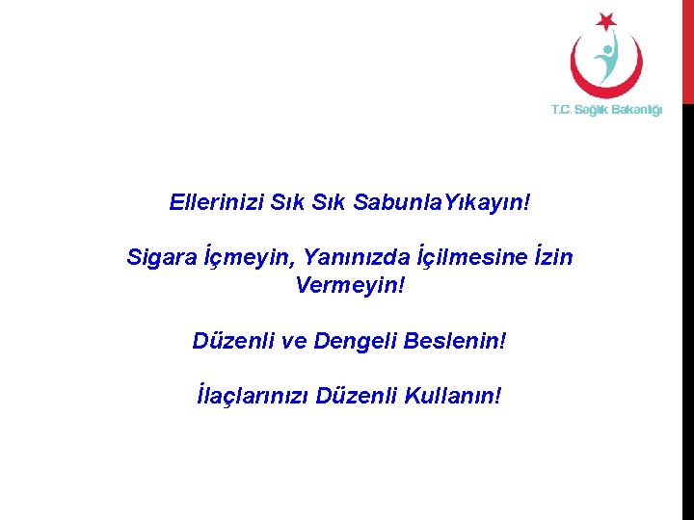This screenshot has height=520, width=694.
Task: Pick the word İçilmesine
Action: (465, 258)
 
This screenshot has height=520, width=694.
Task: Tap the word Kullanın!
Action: (455, 396)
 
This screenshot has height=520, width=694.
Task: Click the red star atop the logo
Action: (605, 20)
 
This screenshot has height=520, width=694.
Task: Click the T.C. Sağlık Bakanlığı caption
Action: (606, 110)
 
